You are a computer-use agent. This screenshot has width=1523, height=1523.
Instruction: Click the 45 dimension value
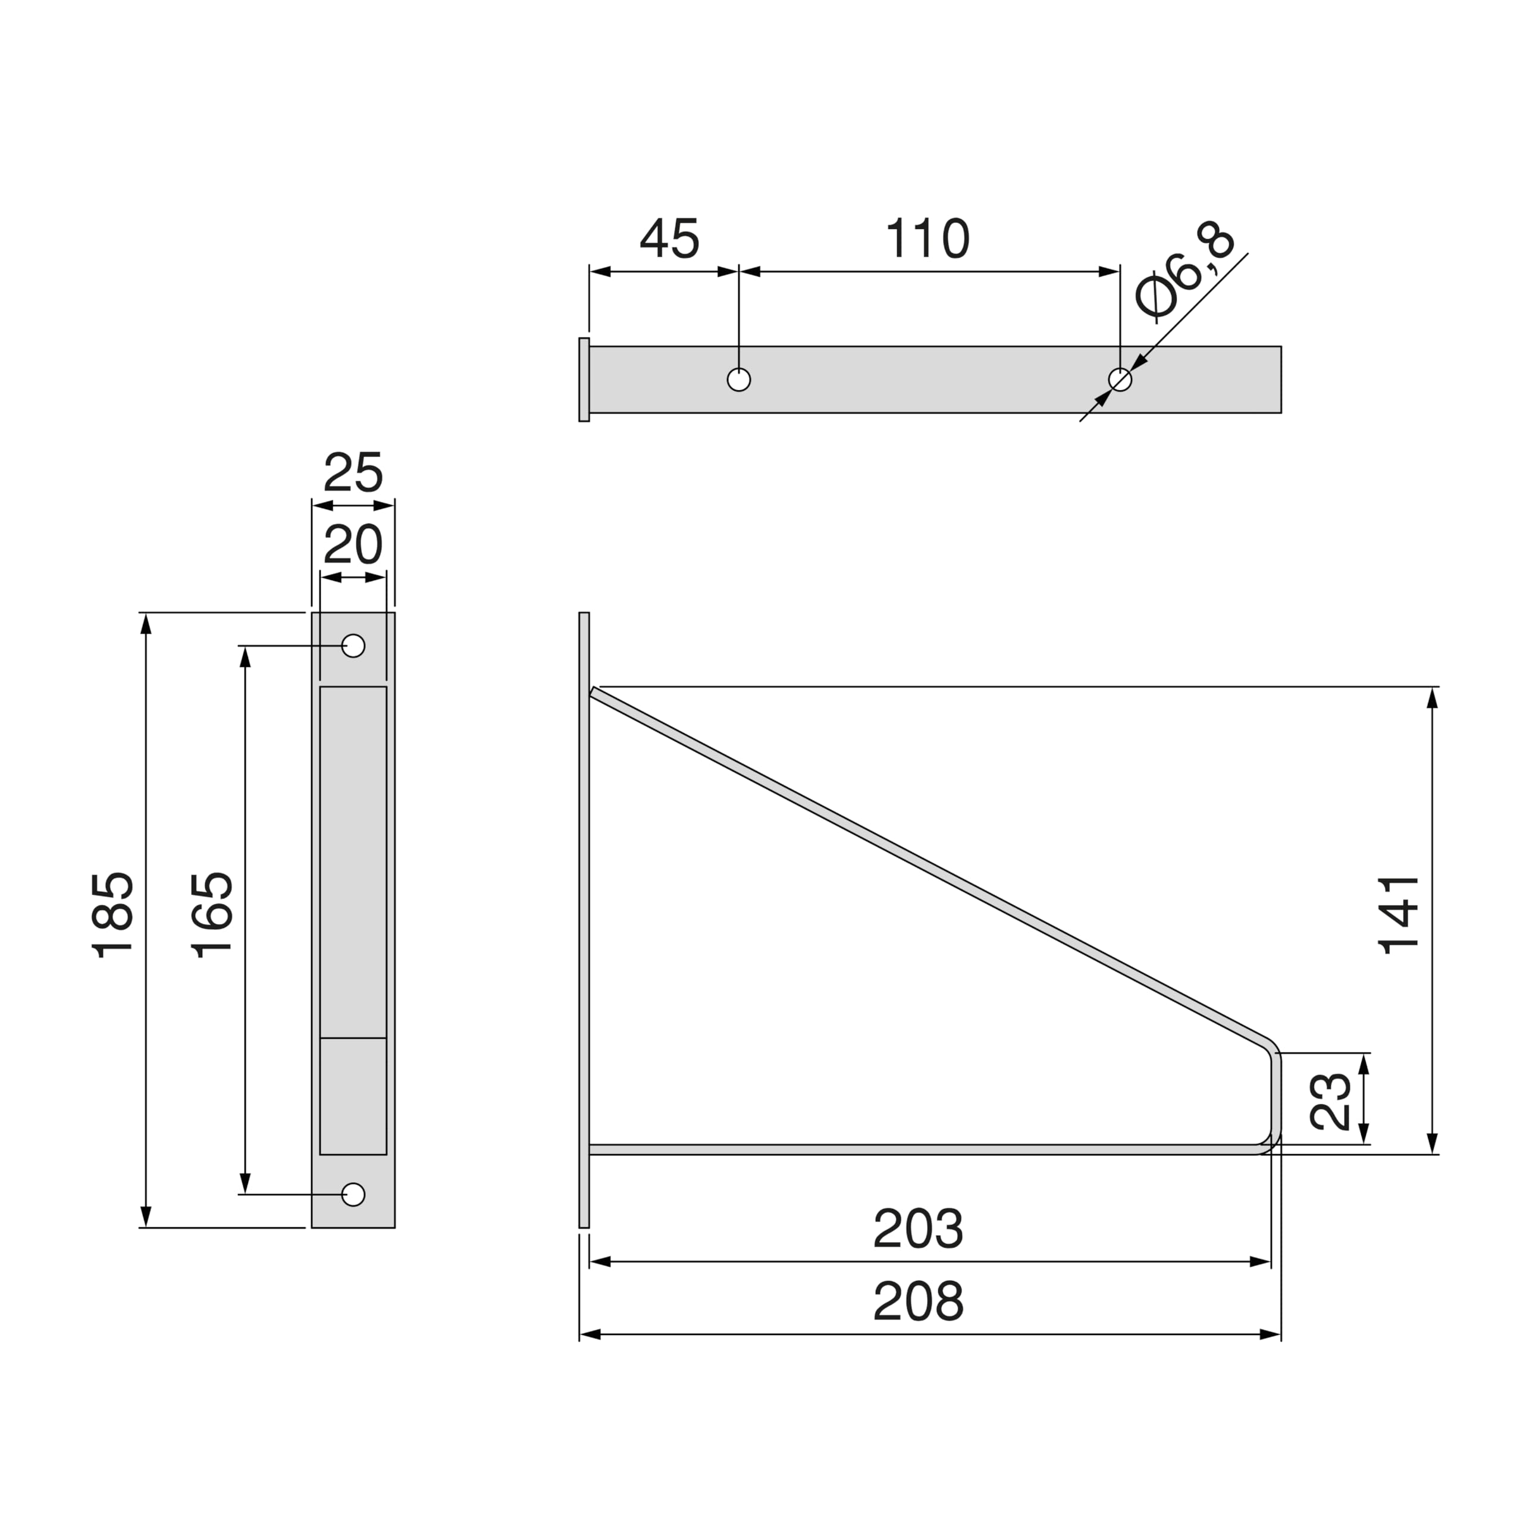point(669,238)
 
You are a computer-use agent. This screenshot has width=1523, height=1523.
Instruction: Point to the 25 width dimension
point(353,472)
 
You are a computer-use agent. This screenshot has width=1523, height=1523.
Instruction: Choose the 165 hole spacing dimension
point(213,915)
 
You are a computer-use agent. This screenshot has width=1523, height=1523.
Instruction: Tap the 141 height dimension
point(1399,915)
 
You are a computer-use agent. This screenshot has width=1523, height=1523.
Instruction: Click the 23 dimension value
point(1331,1101)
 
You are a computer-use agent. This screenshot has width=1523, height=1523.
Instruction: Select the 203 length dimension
point(919,1229)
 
